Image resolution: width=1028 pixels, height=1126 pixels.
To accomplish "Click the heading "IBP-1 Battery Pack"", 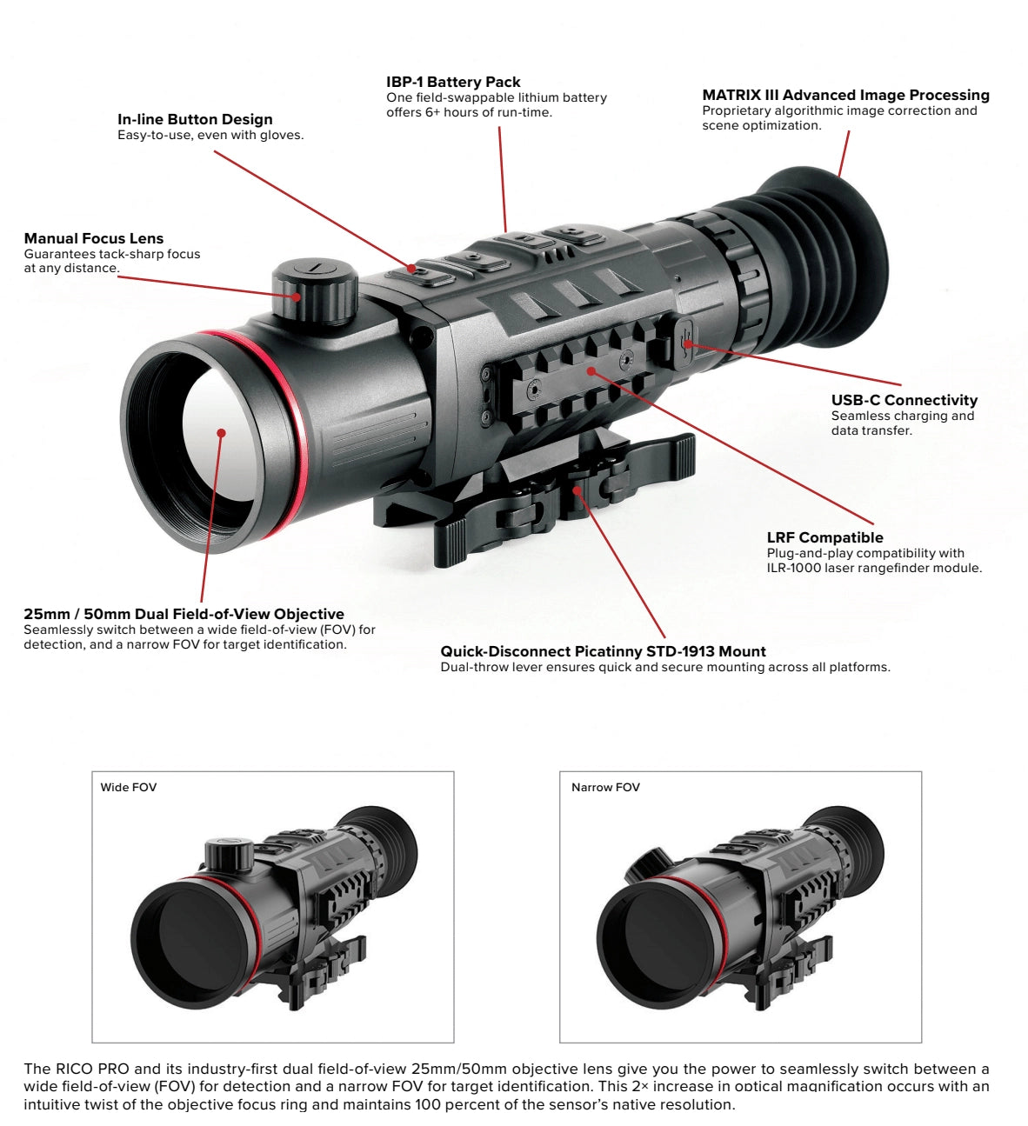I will point(453,82).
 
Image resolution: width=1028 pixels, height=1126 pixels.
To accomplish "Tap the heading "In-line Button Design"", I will point(195,119).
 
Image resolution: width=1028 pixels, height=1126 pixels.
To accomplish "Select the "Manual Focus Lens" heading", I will point(94,238).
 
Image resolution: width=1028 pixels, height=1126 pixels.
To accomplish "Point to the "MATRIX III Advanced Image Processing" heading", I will point(845,95).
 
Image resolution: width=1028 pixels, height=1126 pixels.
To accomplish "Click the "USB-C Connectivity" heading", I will point(904,400).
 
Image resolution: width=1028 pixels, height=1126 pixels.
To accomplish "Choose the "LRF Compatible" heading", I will point(824,537).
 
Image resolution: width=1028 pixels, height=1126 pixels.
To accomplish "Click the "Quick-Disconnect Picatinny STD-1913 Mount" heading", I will point(603,651).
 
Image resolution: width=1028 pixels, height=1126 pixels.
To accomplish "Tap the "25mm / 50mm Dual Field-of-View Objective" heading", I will point(184,614).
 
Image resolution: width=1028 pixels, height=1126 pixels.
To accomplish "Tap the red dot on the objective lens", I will point(222,433).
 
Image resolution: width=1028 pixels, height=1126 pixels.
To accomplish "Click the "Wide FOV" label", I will point(129,788).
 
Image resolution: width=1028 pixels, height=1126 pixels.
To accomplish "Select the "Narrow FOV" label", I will point(605,788).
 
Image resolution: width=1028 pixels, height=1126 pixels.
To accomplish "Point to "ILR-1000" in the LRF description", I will point(793,568).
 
